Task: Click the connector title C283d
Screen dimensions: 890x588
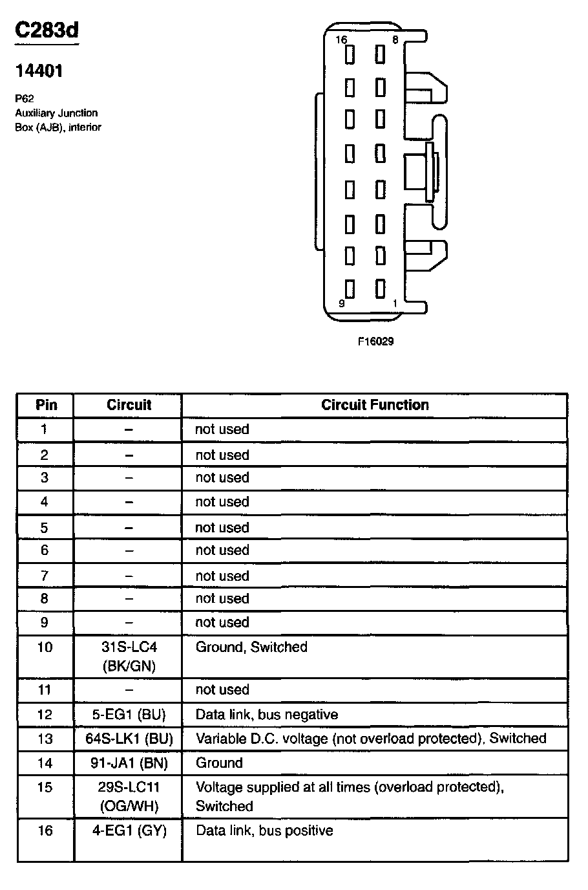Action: pos(47,30)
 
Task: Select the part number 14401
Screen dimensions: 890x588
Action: pos(39,71)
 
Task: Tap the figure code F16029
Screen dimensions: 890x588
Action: pos(375,342)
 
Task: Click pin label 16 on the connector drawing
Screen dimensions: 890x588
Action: pos(341,40)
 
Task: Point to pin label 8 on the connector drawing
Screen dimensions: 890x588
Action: pos(395,40)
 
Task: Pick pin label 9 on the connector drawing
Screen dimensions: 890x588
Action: pos(341,303)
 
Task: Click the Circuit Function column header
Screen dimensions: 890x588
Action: pos(375,405)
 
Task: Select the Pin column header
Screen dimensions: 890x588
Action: pos(46,405)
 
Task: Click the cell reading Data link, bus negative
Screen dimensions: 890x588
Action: pos(267,715)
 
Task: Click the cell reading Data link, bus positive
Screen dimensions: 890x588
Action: pos(264,830)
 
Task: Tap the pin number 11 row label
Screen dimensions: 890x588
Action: pos(44,689)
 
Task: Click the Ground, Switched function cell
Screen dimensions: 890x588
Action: pos(251,647)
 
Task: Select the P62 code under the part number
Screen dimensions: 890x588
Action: pos(24,99)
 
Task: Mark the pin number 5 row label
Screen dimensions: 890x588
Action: pos(44,528)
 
